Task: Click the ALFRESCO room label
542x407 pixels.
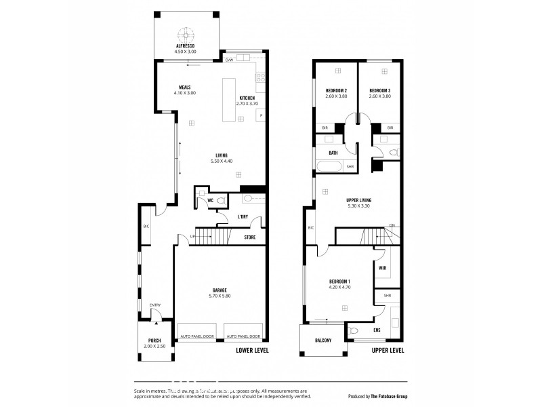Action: coord(184,46)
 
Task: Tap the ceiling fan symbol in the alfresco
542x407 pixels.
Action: coord(184,33)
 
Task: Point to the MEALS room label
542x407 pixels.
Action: coord(184,88)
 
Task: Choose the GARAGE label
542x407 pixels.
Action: coord(220,290)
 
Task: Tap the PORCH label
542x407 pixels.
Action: coord(154,341)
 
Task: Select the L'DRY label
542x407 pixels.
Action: coord(243,217)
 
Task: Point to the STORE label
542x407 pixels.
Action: coord(250,237)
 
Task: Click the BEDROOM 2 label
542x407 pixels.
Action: coord(336,91)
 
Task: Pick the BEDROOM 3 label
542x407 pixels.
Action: coord(379,91)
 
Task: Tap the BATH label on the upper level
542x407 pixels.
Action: coord(333,153)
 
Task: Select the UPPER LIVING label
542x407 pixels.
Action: coord(358,199)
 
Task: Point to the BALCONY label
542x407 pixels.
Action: coord(322,341)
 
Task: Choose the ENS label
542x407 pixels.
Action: coord(377,330)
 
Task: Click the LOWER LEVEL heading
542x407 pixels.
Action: coord(252,351)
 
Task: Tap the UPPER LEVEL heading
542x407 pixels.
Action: coord(388,351)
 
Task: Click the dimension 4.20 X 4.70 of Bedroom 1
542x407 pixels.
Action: coord(339,287)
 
